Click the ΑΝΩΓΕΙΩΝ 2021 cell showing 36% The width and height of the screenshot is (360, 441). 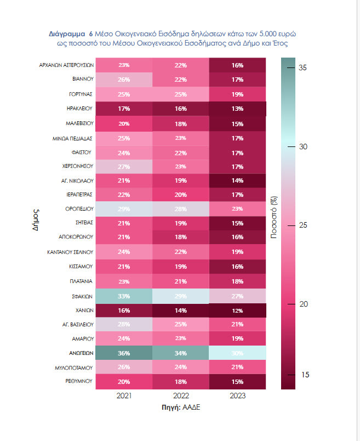tap(124, 352)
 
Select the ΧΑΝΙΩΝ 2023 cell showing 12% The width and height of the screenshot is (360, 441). tap(237, 309)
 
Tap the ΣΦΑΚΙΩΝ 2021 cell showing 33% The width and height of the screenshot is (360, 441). tap(124, 295)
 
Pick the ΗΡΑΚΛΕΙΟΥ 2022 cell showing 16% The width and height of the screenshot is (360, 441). tap(180, 108)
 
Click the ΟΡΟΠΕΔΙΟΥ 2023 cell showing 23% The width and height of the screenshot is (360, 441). tap(237, 208)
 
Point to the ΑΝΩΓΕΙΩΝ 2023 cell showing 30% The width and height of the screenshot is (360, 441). tap(237, 352)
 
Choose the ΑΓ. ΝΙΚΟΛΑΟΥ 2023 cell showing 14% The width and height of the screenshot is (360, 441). tap(237, 180)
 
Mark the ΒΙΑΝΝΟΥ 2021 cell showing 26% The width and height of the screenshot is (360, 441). tap(124, 79)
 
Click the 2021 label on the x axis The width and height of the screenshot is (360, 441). tap(124, 395)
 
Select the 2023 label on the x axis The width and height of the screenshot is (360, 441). tap(237, 395)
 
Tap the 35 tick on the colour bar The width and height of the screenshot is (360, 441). tap(302, 68)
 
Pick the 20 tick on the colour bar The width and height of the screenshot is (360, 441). tap(302, 304)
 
